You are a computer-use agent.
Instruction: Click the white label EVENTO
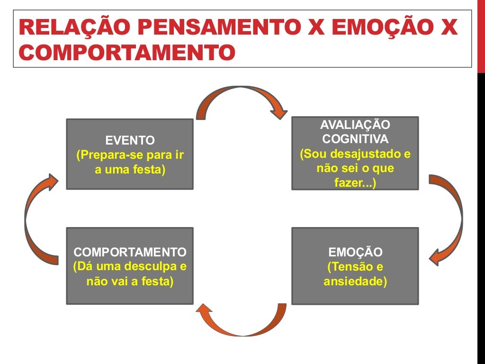coord(130,140)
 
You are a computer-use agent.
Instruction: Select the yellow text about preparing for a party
coord(130,162)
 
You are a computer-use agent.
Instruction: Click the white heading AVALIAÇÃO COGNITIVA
coord(355,132)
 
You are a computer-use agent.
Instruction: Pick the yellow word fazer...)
coord(355,183)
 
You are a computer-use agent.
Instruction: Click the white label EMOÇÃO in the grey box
coord(355,252)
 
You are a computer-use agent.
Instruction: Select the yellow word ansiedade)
coord(355,281)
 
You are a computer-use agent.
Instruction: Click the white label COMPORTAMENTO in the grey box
coord(130,252)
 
